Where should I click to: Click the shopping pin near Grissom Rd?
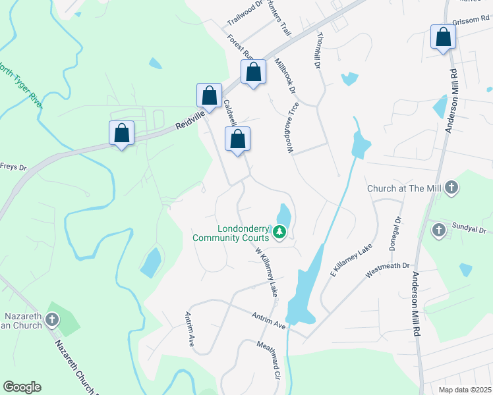[x=443, y=38]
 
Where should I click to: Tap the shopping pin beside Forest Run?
[x=253, y=72]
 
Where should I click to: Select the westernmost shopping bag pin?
[x=121, y=133]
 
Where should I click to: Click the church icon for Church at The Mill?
[x=451, y=188]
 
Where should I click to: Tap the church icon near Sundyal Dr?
[x=439, y=230]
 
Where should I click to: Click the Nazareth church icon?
[x=51, y=320]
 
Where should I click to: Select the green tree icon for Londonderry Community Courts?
[x=279, y=231]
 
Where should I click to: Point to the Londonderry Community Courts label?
[x=230, y=231]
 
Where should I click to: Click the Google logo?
[x=22, y=387]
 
